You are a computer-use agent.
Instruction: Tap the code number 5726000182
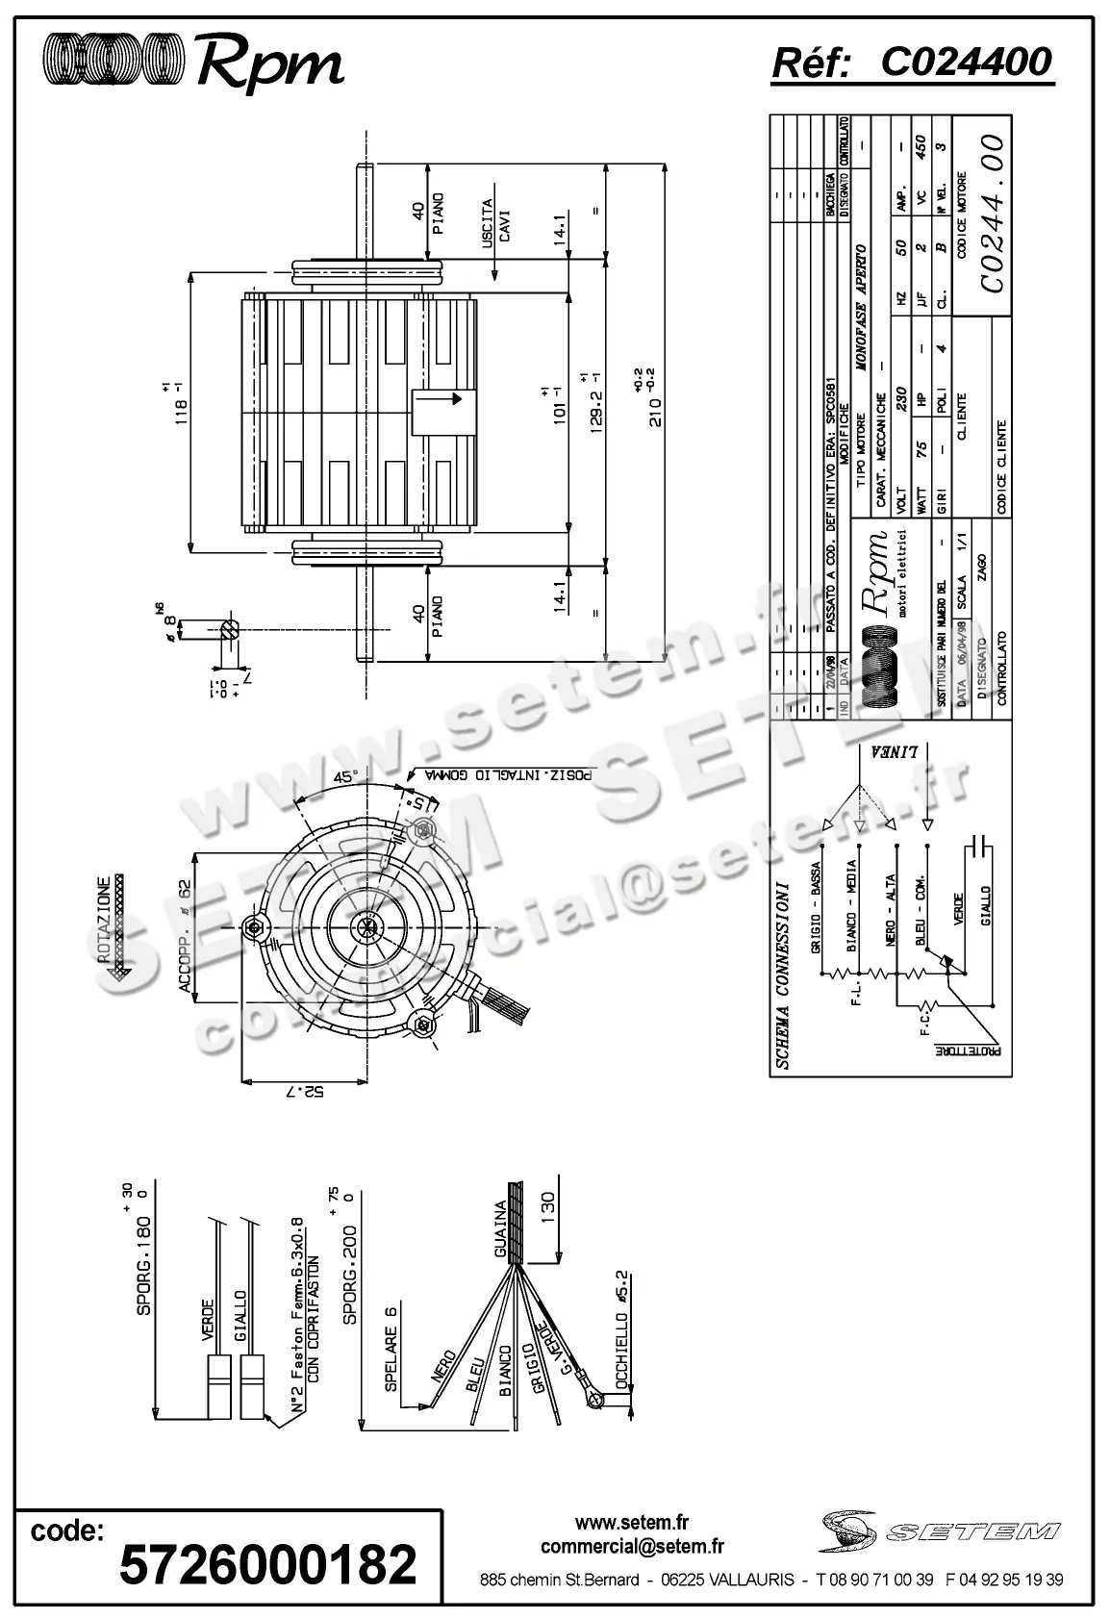tap(267, 1563)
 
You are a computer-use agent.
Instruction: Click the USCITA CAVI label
tap(495, 221)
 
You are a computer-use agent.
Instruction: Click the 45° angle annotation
tap(342, 777)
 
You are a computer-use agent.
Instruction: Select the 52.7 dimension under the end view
tap(305, 1091)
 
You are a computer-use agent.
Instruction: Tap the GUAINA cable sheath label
tap(500, 1229)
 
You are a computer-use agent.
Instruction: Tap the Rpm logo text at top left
tap(270, 64)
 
